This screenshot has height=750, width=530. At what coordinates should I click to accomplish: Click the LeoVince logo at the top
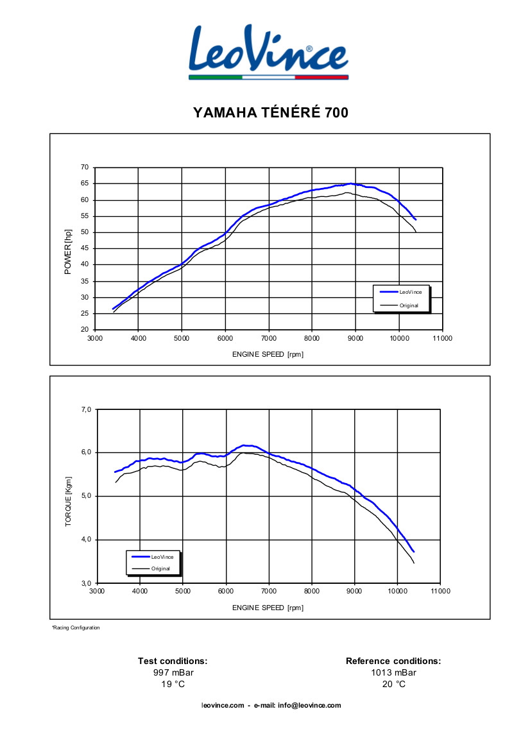point(269,51)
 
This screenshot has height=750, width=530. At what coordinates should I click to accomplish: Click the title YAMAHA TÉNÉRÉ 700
point(270,113)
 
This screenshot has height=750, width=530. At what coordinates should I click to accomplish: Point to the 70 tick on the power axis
point(85,167)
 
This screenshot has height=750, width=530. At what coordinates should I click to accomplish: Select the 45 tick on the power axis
point(85,248)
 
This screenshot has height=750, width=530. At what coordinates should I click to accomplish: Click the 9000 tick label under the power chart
point(355,338)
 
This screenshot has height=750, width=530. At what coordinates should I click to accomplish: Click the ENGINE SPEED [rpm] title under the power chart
point(268,355)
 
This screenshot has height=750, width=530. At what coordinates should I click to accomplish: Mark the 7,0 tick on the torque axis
point(87,409)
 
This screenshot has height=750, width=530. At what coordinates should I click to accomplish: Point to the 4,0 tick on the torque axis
point(87,540)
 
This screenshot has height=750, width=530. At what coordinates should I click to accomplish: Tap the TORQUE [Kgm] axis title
point(68,502)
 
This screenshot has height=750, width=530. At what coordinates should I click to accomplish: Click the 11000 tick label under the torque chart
point(440,592)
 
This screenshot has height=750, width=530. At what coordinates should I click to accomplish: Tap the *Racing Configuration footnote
point(76,627)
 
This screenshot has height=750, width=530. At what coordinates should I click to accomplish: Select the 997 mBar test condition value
point(173,672)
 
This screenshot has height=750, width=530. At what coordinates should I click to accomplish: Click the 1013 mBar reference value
point(393,672)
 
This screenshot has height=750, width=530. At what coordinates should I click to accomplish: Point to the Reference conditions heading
point(393,661)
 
